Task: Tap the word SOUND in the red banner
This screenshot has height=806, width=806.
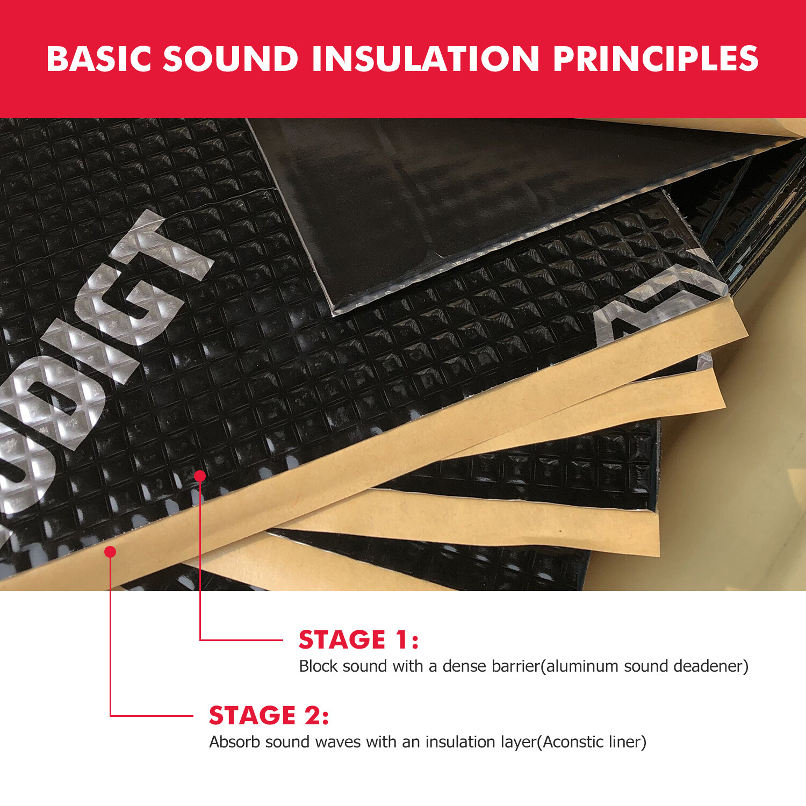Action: point(231,59)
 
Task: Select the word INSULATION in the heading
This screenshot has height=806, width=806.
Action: point(426,59)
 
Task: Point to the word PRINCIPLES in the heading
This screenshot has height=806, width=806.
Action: point(656,59)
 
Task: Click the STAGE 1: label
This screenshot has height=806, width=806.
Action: point(358,639)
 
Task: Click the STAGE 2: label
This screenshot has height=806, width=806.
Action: point(269,715)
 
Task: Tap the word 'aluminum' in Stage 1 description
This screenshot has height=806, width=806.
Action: point(582,666)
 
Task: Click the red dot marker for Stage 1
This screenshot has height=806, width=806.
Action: point(200,476)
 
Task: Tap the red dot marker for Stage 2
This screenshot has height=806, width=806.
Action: point(110,552)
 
